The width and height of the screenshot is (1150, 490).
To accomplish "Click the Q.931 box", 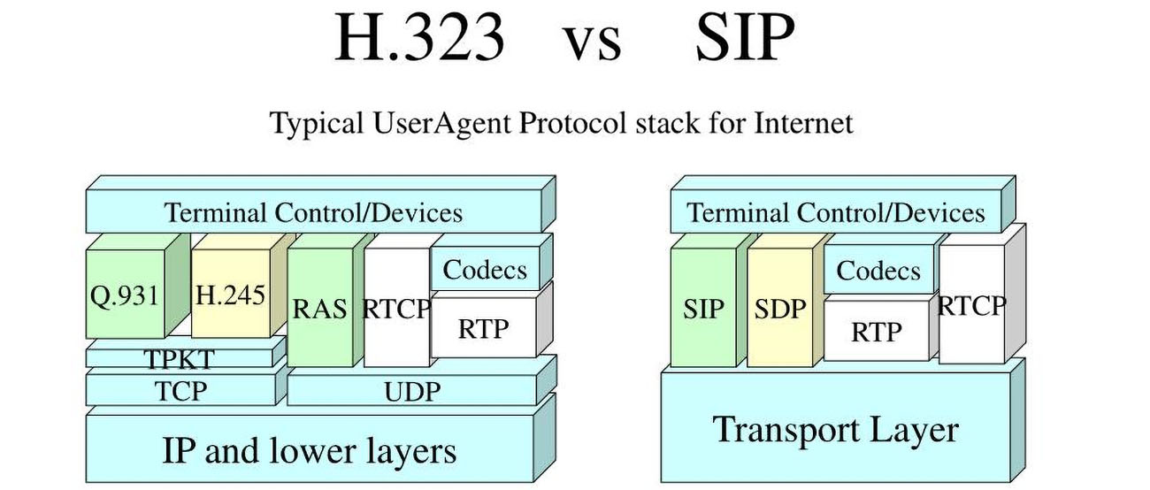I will [126, 294].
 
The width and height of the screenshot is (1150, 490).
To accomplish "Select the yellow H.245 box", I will [229, 294].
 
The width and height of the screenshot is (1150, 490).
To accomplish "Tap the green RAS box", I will [320, 309].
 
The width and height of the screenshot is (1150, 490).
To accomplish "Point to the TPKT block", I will [180, 356].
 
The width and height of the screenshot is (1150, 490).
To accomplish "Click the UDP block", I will [412, 390].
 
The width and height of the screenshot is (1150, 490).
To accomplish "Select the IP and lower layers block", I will [309, 450].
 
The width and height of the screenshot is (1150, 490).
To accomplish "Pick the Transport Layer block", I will [835, 430].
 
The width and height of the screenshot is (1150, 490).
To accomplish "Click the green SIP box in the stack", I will [703, 308].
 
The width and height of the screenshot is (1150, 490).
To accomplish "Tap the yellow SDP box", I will [780, 308].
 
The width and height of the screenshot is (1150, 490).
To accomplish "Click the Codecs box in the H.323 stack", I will [484, 270].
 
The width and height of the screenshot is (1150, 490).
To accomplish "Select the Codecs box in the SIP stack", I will [878, 271].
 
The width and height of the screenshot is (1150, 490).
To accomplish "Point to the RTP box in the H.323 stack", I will [484, 327].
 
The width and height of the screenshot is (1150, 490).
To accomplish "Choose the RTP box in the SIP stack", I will [877, 331].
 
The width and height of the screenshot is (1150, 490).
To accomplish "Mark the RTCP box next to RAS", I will [396, 309].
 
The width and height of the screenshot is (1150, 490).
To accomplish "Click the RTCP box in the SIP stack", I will [971, 305].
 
